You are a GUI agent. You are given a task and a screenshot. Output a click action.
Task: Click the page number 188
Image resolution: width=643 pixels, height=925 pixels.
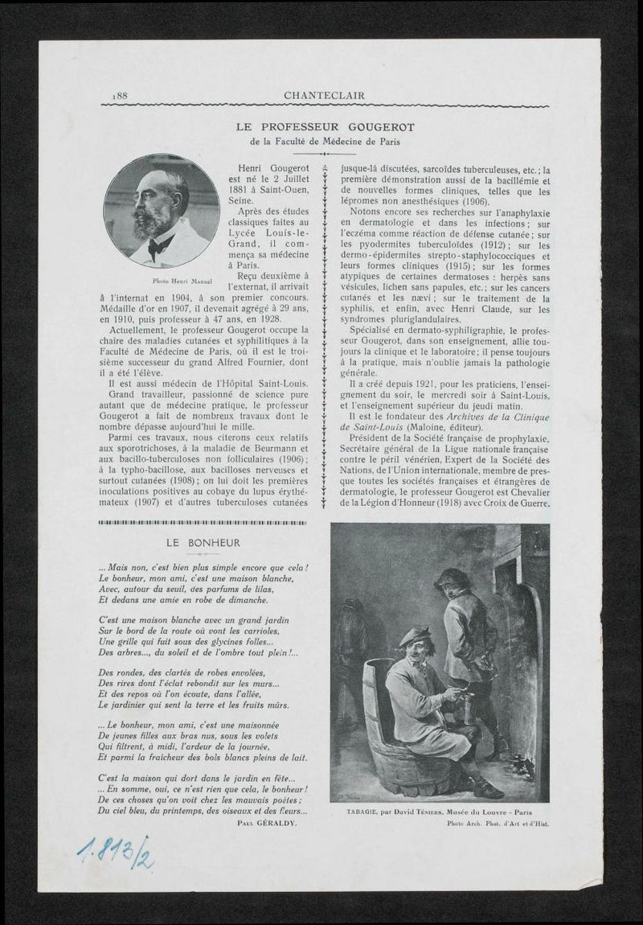122,96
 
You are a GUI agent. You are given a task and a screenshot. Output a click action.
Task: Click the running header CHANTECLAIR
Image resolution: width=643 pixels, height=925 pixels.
324,96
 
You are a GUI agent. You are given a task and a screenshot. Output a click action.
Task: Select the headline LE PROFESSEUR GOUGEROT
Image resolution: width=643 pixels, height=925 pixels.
324,127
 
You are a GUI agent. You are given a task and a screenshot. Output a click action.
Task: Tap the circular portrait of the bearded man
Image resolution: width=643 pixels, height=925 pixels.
162,211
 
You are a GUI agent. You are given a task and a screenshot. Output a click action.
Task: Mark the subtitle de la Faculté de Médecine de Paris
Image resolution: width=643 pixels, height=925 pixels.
324,142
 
